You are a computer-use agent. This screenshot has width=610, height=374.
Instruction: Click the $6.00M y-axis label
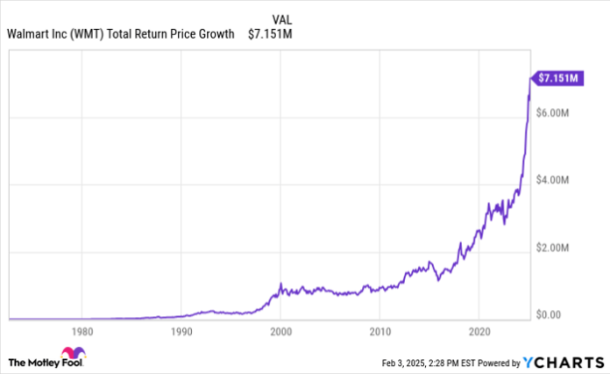click(x=556, y=114)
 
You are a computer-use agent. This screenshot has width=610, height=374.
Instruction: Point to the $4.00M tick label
click(x=556, y=180)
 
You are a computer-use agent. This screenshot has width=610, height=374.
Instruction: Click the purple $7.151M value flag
click(x=557, y=79)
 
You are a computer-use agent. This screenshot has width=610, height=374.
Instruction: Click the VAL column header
click(x=282, y=18)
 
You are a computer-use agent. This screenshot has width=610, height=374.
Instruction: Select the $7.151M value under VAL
click(x=271, y=34)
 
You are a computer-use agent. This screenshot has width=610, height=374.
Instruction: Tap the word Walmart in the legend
click(x=27, y=34)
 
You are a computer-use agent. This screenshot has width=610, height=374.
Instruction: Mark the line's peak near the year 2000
click(x=280, y=284)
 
